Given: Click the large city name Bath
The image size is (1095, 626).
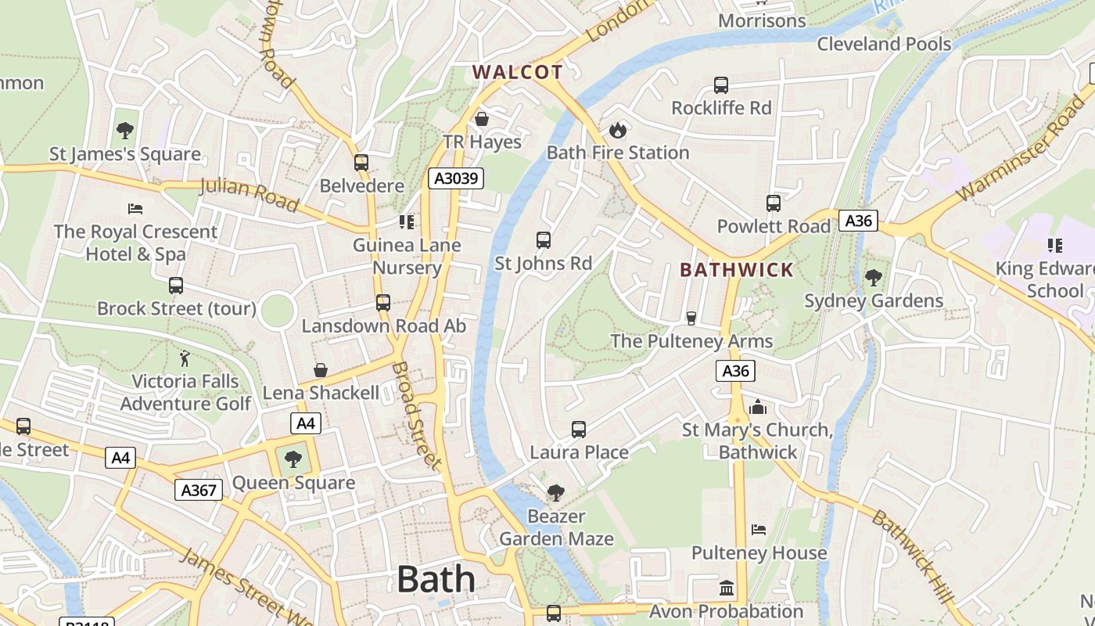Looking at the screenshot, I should pyautogui.click(x=436, y=580).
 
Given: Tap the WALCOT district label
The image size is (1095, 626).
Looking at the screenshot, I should pyautogui.click(x=517, y=73).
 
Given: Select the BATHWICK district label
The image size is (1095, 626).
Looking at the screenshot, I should pyautogui.click(x=737, y=270).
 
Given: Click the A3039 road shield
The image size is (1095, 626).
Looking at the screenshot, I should pyautogui.click(x=456, y=178).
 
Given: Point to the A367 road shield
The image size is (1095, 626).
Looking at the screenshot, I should pyautogui.click(x=198, y=490).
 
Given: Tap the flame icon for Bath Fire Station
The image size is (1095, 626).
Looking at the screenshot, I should pyautogui.click(x=618, y=130).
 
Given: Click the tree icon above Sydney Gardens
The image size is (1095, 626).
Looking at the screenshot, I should pyautogui.click(x=873, y=277).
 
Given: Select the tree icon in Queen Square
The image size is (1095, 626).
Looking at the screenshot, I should pyautogui.click(x=293, y=459).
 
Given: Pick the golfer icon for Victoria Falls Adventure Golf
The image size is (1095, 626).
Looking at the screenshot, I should pyautogui.click(x=185, y=358).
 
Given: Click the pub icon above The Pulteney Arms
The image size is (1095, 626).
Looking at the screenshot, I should pyautogui.click(x=691, y=318).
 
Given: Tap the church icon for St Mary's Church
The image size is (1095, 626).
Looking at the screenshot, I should pyautogui.click(x=757, y=407).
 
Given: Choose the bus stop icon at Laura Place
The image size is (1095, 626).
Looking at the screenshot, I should pyautogui.click(x=579, y=430).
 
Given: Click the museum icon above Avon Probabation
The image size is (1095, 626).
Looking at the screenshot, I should pyautogui.click(x=727, y=588).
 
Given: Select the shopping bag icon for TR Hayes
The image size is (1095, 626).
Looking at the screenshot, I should pyautogui.click(x=482, y=119).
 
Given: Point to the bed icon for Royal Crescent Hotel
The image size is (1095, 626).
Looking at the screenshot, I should pyautogui.click(x=135, y=209).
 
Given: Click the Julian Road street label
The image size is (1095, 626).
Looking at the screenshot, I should pyautogui.click(x=250, y=195).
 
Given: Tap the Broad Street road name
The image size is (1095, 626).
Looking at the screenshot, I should pyautogui.click(x=416, y=415).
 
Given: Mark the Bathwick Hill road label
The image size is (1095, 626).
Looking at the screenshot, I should pyautogui.click(x=913, y=556).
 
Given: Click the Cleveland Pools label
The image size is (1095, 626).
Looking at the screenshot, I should pyautogui.click(x=884, y=44).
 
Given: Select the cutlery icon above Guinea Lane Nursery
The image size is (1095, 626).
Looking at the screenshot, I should pyautogui.click(x=406, y=222).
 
